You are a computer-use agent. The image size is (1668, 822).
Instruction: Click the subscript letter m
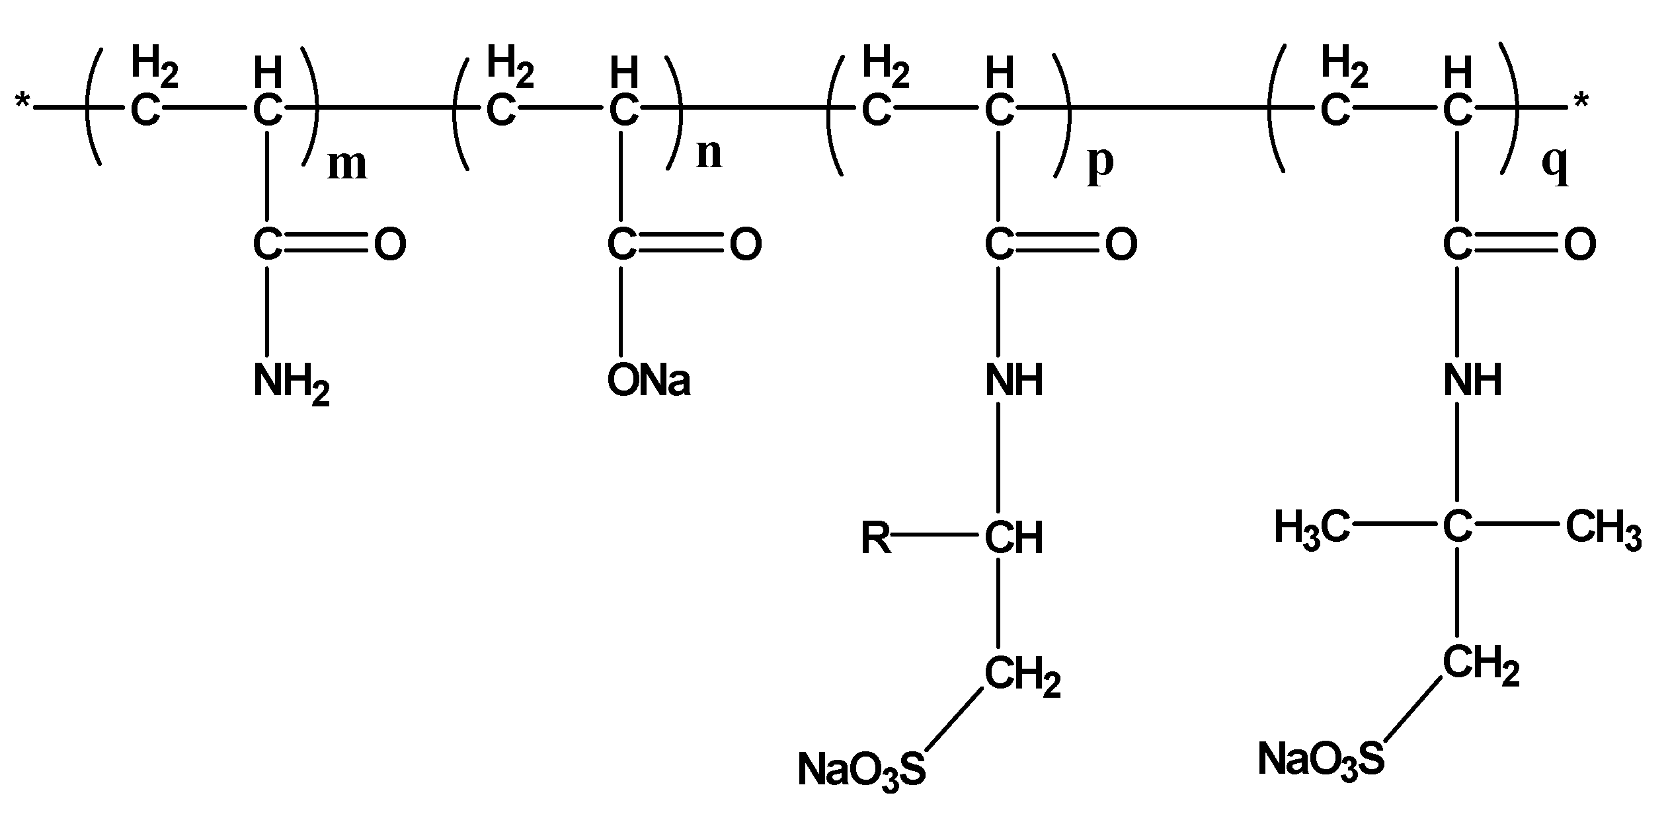(x=347, y=165)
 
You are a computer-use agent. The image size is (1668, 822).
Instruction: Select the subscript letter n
(x=709, y=155)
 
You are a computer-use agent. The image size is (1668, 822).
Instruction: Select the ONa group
(x=649, y=381)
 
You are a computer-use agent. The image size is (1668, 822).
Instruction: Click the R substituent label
(x=875, y=539)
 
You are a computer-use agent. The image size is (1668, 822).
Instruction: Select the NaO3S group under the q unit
(x=1320, y=758)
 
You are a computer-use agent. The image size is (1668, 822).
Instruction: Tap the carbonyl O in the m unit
(x=390, y=245)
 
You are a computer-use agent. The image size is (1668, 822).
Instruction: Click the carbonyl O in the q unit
(x=1580, y=245)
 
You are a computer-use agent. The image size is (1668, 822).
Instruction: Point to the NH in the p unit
(x=1014, y=381)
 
